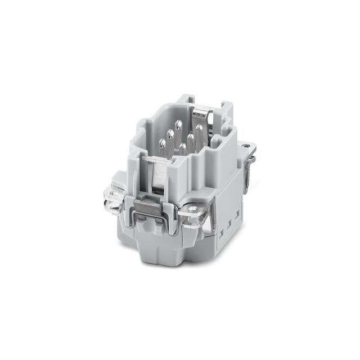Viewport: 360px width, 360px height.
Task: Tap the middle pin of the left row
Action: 169,133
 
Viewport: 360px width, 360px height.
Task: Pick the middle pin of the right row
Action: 190,137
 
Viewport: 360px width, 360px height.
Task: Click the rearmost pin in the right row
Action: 199,128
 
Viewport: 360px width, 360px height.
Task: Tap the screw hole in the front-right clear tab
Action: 195,208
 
